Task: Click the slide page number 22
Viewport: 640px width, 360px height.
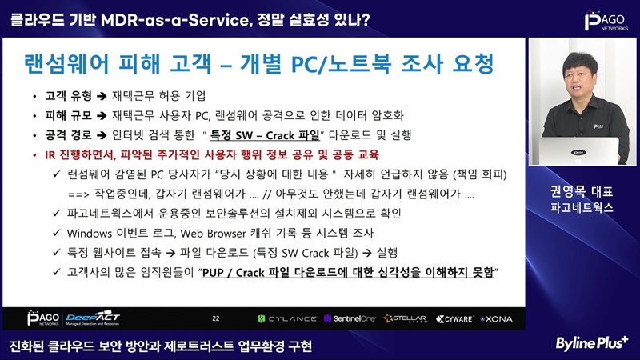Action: point(216,318)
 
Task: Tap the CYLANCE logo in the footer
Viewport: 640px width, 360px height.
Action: point(287,318)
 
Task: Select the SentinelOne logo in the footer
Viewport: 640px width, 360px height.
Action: point(350,318)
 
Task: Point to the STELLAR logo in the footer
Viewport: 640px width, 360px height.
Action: point(406,318)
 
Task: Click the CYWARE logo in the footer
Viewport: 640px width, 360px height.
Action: point(454,318)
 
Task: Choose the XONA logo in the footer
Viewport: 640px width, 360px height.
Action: point(496,318)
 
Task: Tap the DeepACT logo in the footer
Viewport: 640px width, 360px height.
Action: point(93,318)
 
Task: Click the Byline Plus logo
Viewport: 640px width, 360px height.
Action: point(592,343)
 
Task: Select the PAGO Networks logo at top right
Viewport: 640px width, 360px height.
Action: point(606,21)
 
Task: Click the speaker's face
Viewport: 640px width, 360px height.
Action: point(579,79)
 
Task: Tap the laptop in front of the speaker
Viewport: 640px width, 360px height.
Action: point(578,151)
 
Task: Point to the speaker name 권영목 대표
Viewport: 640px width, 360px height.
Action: point(582,191)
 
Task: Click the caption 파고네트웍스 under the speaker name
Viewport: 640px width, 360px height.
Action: point(582,208)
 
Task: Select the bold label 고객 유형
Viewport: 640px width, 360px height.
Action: point(68,96)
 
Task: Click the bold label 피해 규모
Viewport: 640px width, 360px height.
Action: point(68,115)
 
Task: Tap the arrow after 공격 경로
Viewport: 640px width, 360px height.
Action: point(102,135)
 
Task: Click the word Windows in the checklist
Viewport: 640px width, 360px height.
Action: point(90,234)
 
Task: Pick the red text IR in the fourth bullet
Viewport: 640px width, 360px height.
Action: point(50,155)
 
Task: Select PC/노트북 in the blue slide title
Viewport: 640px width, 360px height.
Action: point(342,64)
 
